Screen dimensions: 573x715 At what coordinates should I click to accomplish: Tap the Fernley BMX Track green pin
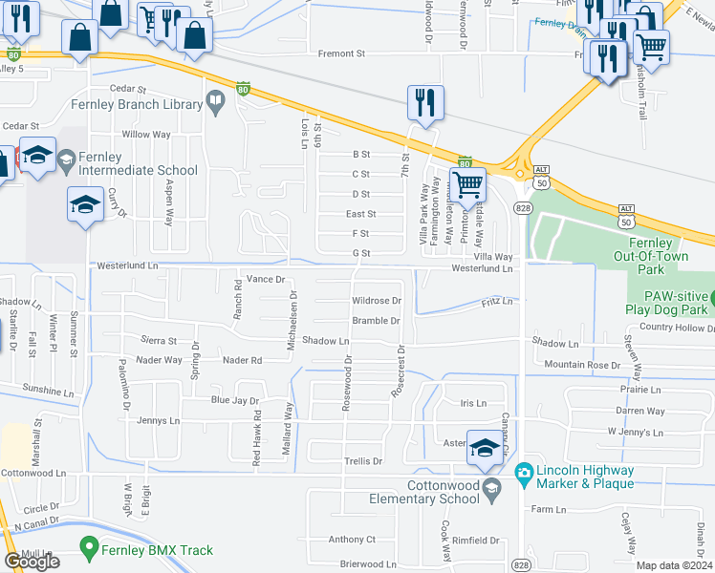point(89,550)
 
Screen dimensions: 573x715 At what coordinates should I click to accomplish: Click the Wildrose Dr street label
point(377,301)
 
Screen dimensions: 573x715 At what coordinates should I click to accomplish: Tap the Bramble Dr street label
point(375,321)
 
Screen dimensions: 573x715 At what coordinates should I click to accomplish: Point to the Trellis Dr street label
point(363,461)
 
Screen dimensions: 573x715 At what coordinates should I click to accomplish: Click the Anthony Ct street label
point(352,540)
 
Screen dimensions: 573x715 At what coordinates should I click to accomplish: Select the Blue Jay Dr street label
point(235,401)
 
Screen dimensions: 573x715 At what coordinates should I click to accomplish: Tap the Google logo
point(32,562)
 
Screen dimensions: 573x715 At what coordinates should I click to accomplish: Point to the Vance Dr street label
point(266,279)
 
